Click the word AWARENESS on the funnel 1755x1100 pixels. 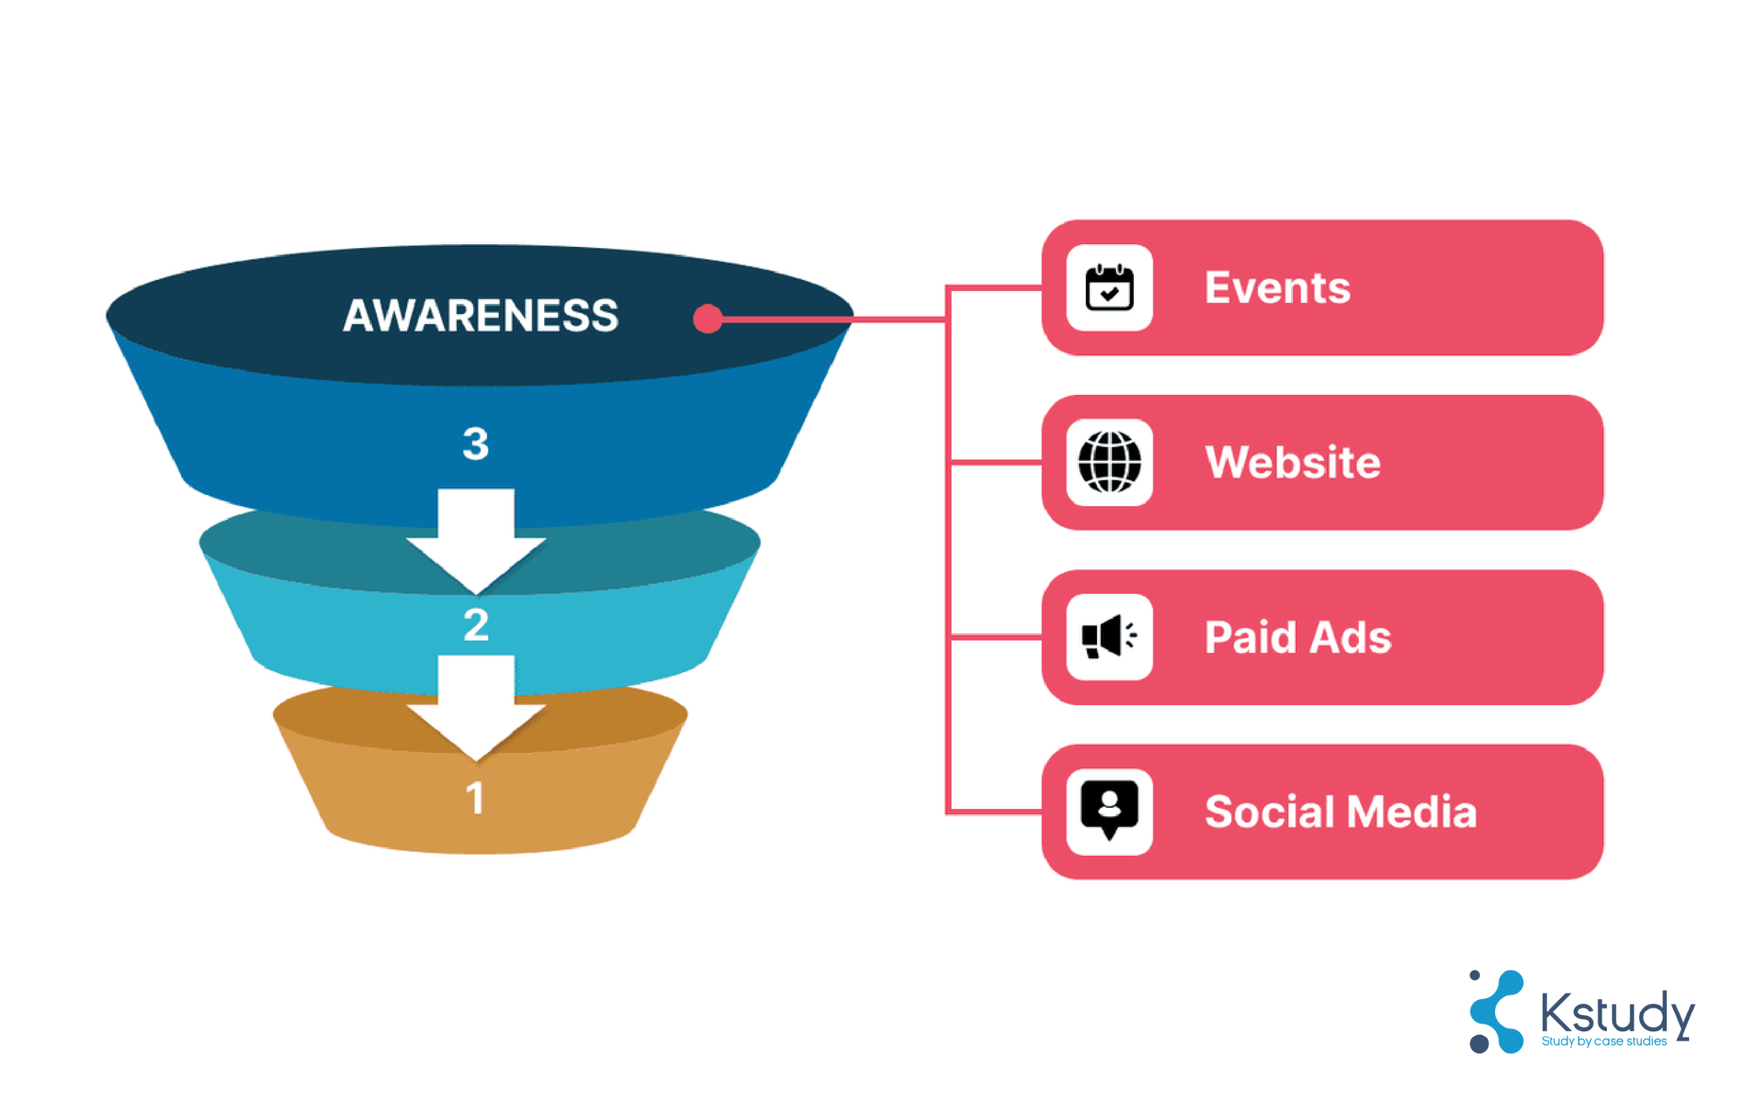point(480,315)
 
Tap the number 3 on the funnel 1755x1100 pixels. point(476,443)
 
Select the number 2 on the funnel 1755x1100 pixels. point(476,625)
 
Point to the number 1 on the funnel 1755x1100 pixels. point(474,798)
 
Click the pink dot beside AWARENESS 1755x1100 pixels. point(707,318)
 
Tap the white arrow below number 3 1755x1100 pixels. point(476,541)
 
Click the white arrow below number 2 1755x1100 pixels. point(476,708)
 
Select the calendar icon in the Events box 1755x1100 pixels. point(1109,287)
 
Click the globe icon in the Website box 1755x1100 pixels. point(1109,462)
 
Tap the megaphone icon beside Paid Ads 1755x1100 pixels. point(1109,636)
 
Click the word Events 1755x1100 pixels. point(1277,287)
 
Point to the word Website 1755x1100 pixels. point(1292,462)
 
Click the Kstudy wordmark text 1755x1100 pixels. point(1617,1014)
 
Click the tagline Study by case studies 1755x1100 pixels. point(1603,1042)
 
